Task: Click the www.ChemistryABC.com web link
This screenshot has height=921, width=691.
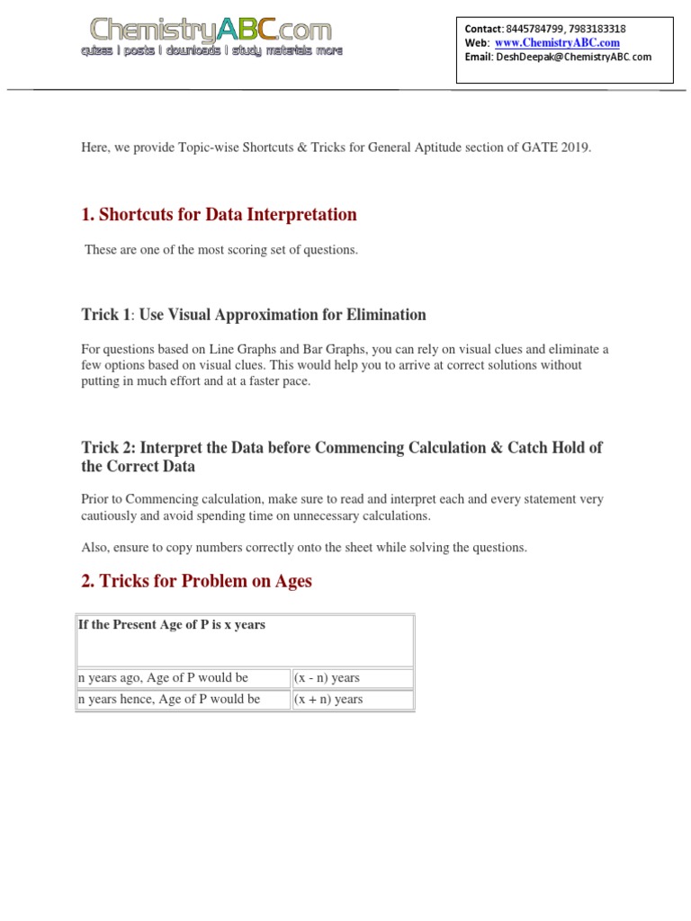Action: coord(557,43)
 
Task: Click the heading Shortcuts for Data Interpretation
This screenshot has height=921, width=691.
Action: coord(219,214)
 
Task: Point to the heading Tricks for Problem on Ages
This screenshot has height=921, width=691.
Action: coord(196,581)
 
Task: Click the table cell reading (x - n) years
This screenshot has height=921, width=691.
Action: coord(327,677)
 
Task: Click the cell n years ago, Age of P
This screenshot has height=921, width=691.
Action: coord(163,677)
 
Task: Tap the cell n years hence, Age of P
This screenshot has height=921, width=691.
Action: coord(169,699)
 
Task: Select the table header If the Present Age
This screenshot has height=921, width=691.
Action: coord(172,624)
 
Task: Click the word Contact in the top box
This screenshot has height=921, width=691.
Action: coord(483,29)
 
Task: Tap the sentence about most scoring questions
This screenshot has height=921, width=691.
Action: coord(221,249)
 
